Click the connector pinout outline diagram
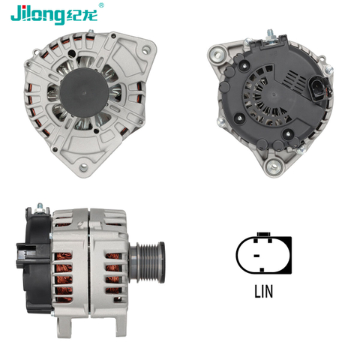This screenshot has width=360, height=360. click(x=264, y=256)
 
